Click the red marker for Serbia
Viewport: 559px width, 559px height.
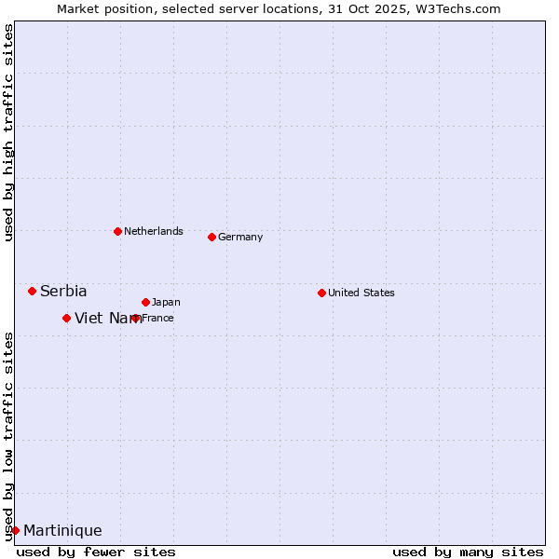pyautogui.click(x=32, y=292)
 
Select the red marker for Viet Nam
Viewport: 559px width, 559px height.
pyautogui.click(x=66, y=319)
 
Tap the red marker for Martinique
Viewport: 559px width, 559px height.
pyautogui.click(x=15, y=531)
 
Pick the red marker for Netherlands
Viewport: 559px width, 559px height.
pyautogui.click(x=117, y=232)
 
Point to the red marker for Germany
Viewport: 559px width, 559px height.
pyautogui.click(x=211, y=238)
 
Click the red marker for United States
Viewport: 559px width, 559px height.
pyautogui.click(x=321, y=293)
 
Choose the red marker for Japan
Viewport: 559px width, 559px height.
pyautogui.click(x=145, y=303)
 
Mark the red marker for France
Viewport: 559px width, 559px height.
pyautogui.click(x=136, y=319)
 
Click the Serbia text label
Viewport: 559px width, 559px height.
pyautogui.click(x=63, y=292)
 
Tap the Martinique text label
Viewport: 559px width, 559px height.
pyautogui.click(x=62, y=531)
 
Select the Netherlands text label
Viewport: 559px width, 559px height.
pyautogui.click(x=154, y=232)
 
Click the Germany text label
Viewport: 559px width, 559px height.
pyautogui.click(x=240, y=238)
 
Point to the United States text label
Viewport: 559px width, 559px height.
pyautogui.click(x=361, y=293)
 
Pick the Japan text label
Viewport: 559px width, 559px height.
pyautogui.click(x=166, y=303)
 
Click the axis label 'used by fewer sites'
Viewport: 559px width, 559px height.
pyautogui.click(x=96, y=552)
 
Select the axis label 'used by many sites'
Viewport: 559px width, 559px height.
pyautogui.click(x=468, y=552)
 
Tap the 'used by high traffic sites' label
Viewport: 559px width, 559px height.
pyautogui.click(x=8, y=132)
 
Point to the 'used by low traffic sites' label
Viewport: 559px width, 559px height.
pyautogui.click(x=8, y=435)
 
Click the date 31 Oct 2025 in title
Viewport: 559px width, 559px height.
pyautogui.click(x=372, y=9)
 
